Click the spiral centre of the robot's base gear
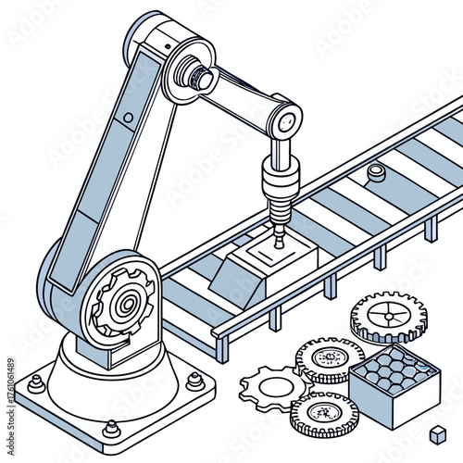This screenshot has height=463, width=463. click(123, 305)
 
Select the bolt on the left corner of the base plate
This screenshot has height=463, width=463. click(36, 381)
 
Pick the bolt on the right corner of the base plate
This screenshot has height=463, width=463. click(194, 380)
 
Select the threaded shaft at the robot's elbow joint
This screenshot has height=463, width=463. click(198, 73)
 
